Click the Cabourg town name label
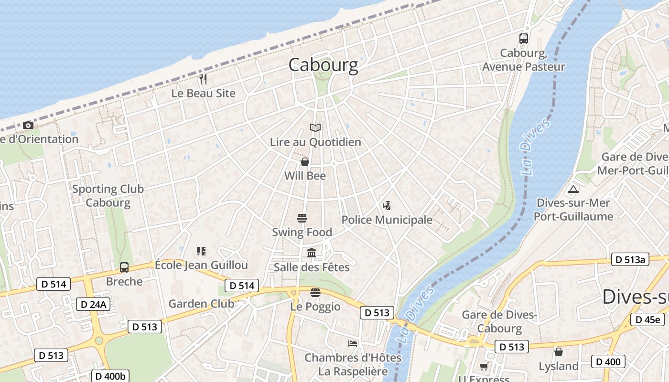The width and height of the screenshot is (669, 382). point(323,65)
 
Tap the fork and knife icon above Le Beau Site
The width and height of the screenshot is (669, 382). point(204,79)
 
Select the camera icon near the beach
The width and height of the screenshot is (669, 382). point(28,125)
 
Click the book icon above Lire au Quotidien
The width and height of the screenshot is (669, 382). point(315,127)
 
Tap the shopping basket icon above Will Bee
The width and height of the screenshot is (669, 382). point(305,162)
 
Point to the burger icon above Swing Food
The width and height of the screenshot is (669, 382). point(302,218)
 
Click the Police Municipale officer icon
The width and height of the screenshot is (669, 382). point(387,206)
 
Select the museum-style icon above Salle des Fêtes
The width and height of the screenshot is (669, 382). point(312,253)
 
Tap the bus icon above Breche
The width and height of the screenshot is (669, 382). point(124,267)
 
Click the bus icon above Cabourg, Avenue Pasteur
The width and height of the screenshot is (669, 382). point(523,39)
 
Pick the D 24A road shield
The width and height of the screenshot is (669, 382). point(93,304)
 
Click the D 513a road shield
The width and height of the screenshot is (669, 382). point(630,260)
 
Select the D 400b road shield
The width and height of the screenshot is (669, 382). point(110,376)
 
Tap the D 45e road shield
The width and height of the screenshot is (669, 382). point(647,319)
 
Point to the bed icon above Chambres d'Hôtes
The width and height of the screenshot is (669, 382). point(353,343)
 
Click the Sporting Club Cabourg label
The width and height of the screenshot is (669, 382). point(108,196)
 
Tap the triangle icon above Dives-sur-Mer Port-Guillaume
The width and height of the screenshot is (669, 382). point(573,189)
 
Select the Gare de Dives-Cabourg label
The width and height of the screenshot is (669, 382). point(499,321)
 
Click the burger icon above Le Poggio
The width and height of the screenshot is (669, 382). point(315,292)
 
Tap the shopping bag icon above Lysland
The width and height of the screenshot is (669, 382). point(558,352)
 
